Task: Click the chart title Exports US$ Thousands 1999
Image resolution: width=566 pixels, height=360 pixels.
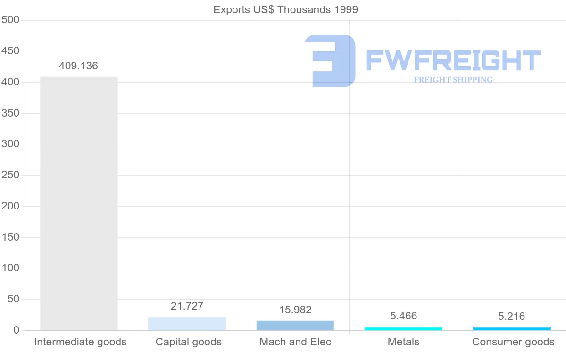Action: [x=285, y=9]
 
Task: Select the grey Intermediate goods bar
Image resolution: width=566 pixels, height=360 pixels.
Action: [x=79, y=203]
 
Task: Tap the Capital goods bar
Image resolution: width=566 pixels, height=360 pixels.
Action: [x=187, y=324]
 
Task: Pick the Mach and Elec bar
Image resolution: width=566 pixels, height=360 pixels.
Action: [x=295, y=326]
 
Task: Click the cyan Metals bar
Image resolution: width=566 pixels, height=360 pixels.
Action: [x=403, y=328]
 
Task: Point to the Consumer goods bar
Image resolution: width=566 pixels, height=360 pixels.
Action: [x=512, y=328]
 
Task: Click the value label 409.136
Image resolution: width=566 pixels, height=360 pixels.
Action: [x=78, y=66]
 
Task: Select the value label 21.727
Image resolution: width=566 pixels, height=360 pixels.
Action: [x=187, y=306]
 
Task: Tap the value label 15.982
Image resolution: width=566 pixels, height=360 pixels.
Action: [x=295, y=310]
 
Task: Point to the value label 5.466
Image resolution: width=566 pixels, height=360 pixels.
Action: [x=403, y=316]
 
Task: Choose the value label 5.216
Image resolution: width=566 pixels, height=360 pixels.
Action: [x=512, y=316]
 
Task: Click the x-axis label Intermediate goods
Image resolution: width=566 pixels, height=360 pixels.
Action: [x=80, y=342]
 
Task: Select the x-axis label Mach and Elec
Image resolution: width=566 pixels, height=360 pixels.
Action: [x=295, y=342]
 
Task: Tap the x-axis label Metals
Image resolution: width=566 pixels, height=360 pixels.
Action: [x=403, y=342]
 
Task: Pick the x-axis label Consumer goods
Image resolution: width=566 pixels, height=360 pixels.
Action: [x=513, y=342]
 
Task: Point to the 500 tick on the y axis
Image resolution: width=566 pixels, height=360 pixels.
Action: [x=10, y=20]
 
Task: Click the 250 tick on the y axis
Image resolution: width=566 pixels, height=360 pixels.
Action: [x=10, y=175]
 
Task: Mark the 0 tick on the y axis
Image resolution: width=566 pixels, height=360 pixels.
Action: [x=17, y=330]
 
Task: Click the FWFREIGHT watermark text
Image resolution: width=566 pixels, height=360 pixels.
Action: [x=453, y=60]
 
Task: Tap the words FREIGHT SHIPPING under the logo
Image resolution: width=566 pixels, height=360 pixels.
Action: [x=453, y=80]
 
